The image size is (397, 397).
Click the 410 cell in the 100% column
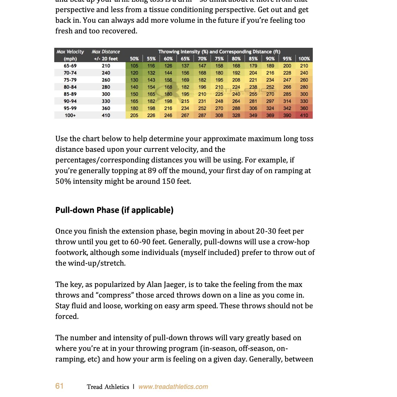[304, 115]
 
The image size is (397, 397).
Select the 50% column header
[134, 59]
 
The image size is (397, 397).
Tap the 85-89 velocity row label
[70, 94]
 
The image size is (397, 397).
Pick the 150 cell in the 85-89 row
[134, 94]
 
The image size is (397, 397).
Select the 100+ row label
[70, 115]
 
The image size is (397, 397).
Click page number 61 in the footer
[59, 386]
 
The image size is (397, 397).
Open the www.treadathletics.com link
[173, 387]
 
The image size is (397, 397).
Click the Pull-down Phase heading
[114, 210]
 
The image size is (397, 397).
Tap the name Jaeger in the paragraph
[175, 285]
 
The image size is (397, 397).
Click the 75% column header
[219, 59]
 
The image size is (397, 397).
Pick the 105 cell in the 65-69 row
[134, 66]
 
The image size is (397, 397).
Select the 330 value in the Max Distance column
[106, 101]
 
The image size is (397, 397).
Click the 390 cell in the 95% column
[287, 115]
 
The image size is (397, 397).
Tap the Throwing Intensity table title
[219, 52]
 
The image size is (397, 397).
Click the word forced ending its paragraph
[67, 317]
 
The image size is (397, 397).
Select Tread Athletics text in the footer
[108, 387]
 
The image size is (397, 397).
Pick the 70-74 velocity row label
[70, 73]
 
